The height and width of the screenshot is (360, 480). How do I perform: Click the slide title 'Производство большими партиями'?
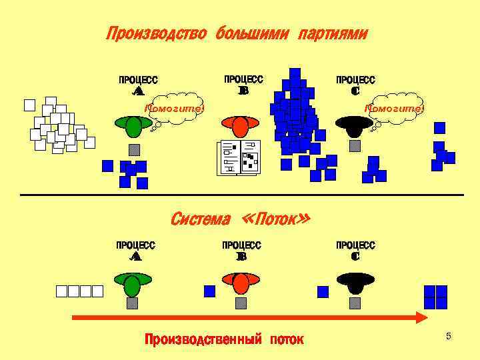point(237,33)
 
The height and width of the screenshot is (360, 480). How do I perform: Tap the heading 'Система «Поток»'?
point(240,219)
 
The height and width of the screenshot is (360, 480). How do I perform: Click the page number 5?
point(449,336)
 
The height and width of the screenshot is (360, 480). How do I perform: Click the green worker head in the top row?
point(133,126)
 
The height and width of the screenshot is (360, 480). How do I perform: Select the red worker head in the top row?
point(241,125)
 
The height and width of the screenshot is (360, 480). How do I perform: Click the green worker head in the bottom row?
point(132,285)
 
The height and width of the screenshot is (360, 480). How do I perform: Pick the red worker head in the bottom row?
point(241,283)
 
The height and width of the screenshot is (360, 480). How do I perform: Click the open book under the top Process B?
point(239,158)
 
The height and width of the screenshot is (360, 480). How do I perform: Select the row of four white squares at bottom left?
point(79,291)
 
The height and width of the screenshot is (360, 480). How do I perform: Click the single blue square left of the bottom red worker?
point(209,291)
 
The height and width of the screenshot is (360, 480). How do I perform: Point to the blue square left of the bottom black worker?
point(323,291)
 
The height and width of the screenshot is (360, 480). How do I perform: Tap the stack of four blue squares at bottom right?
point(435,297)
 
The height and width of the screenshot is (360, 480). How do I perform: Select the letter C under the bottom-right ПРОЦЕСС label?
point(355,256)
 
